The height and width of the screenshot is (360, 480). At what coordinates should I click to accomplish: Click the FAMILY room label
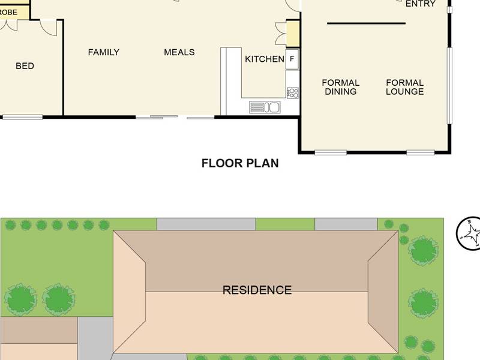[x=103, y=52]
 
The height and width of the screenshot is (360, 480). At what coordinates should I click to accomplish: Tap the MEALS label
[x=179, y=52]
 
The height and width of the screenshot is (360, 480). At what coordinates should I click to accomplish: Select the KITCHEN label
[x=265, y=59]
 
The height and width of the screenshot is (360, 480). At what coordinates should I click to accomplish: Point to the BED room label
[x=25, y=66]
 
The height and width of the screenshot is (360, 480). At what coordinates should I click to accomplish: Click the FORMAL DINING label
[x=340, y=87]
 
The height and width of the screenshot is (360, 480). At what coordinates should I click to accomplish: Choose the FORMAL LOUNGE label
[x=404, y=87]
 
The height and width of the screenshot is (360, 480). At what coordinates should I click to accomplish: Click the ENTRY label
[x=421, y=4]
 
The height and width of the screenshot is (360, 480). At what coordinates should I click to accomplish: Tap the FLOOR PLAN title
[x=240, y=163]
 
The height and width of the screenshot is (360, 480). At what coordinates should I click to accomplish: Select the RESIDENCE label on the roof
[x=257, y=290]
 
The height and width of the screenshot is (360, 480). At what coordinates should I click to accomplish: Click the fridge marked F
[x=292, y=59]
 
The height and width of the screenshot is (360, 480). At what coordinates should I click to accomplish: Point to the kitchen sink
[x=265, y=107]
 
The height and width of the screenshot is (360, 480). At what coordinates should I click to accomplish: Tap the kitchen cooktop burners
[x=293, y=93]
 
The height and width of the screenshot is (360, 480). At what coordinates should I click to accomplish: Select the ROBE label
[x=8, y=13]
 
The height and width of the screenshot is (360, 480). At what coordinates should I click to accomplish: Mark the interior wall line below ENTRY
[x=366, y=23]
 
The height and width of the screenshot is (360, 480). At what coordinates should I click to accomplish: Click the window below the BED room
[x=23, y=117]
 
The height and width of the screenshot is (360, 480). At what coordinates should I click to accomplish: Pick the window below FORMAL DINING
[x=331, y=152]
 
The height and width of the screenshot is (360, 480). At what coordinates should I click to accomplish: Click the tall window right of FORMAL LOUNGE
[x=449, y=85]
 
